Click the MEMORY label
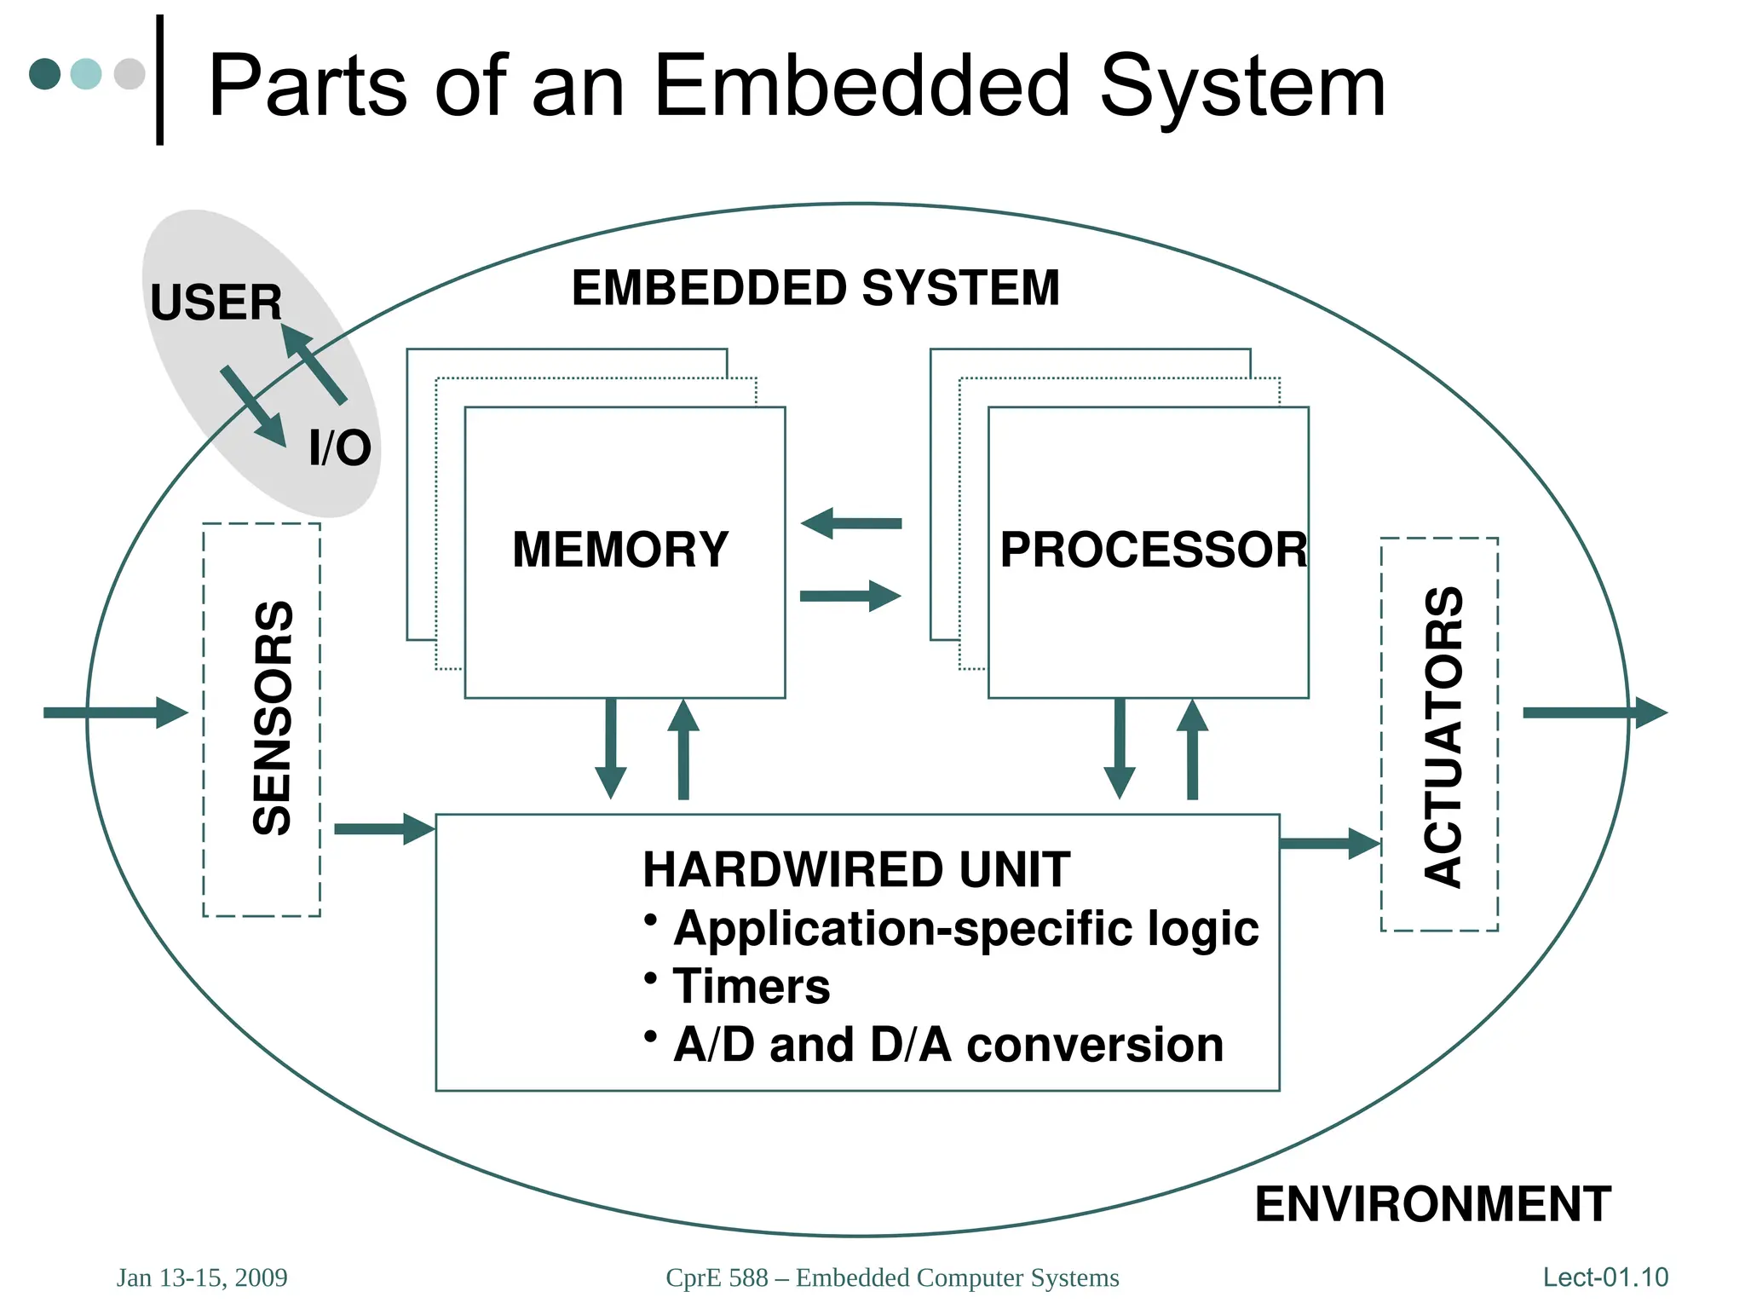620,550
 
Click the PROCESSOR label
1153,550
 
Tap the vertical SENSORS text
274,718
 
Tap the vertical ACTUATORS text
1443,737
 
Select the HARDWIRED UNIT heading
855,870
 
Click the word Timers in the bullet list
751,987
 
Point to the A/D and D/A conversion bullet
947,1045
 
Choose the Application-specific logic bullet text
965,928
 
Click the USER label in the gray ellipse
216,303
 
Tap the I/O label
339,448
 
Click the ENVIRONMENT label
1432,1204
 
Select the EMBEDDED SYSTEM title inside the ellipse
815,288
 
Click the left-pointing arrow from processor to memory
851,523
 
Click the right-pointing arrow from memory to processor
850,596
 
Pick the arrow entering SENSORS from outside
115,712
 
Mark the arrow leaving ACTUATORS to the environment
1594,712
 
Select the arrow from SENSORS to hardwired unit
383,828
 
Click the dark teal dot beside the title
45,73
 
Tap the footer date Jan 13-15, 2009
202,1277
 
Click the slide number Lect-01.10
1605,1277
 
